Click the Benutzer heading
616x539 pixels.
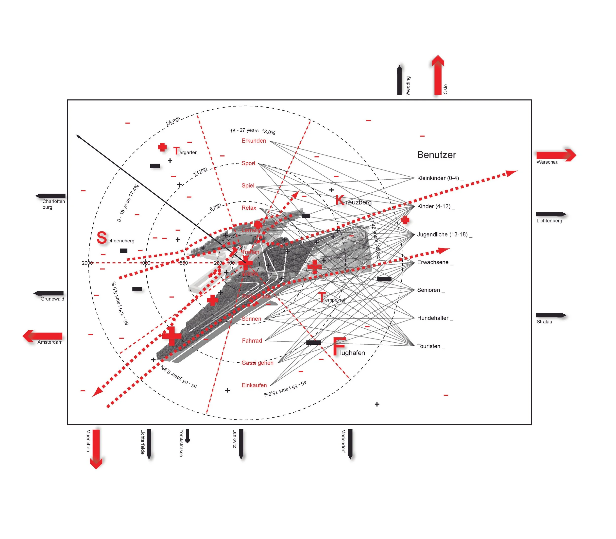click(436, 155)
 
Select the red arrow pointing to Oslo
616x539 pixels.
click(438, 75)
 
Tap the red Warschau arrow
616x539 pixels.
click(556, 155)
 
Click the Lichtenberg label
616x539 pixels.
click(549, 221)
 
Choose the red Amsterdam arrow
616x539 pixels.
click(43, 336)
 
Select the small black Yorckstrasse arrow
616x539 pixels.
click(187, 436)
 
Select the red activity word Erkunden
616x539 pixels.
click(254, 141)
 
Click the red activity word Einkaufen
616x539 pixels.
click(254, 385)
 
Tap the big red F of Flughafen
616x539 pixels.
click(339, 347)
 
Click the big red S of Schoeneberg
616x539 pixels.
click(102, 238)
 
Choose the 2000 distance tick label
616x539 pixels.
click(87, 263)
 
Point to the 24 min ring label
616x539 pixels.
click(173, 121)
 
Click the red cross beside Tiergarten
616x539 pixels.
click(162, 147)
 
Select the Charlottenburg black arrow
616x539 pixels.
click(51, 196)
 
